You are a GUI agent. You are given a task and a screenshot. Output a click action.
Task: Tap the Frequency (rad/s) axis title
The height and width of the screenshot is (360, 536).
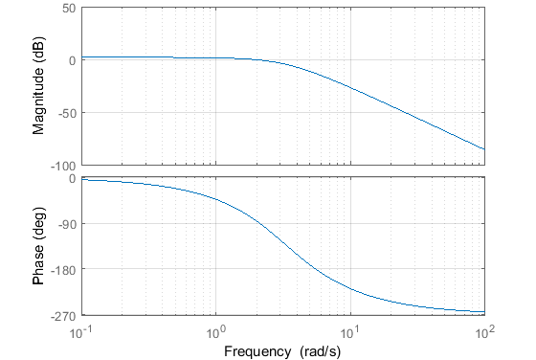point(283,349)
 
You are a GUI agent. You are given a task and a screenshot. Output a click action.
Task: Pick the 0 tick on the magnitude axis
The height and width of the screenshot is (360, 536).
point(73,60)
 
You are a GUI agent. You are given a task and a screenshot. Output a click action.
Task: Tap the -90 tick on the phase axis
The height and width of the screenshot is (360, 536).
point(66,224)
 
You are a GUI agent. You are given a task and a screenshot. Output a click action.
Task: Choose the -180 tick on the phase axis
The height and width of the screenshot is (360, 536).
point(63,269)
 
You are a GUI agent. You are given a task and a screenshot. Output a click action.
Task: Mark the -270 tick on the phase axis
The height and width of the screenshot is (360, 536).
point(63,314)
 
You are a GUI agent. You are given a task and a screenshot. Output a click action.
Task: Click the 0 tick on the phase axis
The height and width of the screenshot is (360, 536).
point(73,179)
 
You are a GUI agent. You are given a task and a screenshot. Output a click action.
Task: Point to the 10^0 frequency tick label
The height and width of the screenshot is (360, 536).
point(217,328)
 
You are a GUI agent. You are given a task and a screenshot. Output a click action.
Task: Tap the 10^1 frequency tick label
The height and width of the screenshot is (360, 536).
point(351,328)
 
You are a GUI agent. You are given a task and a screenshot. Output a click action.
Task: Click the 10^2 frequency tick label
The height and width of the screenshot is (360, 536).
point(484,328)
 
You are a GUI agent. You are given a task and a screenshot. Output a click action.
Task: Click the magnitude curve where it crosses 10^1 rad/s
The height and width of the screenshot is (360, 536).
point(350,89)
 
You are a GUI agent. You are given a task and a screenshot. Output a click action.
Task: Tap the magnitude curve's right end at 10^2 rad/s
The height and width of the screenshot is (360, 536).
point(484,149)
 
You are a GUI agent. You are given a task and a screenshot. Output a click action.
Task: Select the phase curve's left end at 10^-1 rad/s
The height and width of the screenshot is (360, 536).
point(83,180)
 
